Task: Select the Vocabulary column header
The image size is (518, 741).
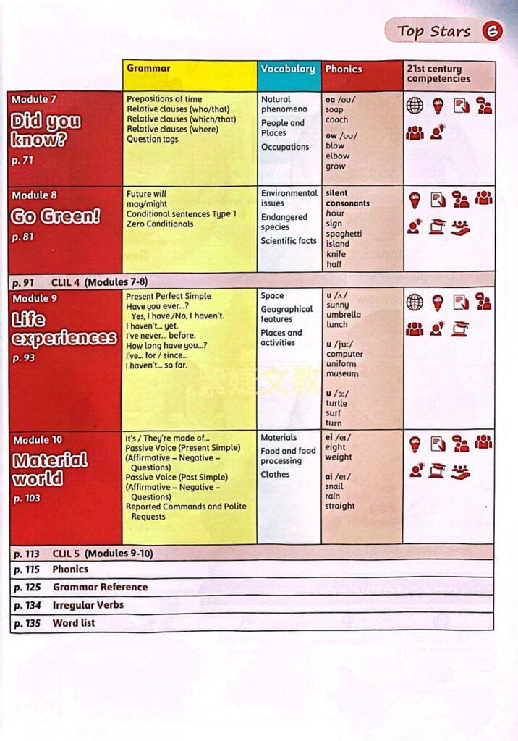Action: pyautogui.click(x=288, y=69)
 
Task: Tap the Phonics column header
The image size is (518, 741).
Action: pyautogui.click(x=343, y=69)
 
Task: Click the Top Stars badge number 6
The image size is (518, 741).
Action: pyautogui.click(x=492, y=31)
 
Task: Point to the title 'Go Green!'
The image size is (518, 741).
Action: pyautogui.click(x=56, y=216)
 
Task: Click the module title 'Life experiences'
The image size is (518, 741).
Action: pyautogui.click(x=64, y=329)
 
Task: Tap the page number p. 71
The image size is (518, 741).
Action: pyautogui.click(x=22, y=161)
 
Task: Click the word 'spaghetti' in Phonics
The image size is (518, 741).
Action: pyautogui.click(x=344, y=234)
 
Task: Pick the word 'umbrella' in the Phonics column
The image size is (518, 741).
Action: pyautogui.click(x=343, y=315)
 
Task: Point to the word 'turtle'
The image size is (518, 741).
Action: pyautogui.click(x=336, y=403)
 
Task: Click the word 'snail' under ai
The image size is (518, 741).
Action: pyautogui.click(x=334, y=486)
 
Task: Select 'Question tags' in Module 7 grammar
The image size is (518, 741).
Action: pyautogui.click(x=153, y=139)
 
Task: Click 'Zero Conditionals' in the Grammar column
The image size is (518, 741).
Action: pyautogui.click(x=160, y=224)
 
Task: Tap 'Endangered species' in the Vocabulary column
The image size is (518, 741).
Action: pyautogui.click(x=284, y=221)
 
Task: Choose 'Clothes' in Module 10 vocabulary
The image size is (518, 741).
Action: pyautogui.click(x=275, y=474)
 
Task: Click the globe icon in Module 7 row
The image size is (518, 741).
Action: pyautogui.click(x=415, y=106)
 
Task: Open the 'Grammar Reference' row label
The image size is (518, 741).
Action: pyautogui.click(x=100, y=587)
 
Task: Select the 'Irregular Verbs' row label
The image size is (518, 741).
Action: pyautogui.click(x=88, y=605)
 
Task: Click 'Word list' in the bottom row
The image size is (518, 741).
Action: pyautogui.click(x=73, y=623)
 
